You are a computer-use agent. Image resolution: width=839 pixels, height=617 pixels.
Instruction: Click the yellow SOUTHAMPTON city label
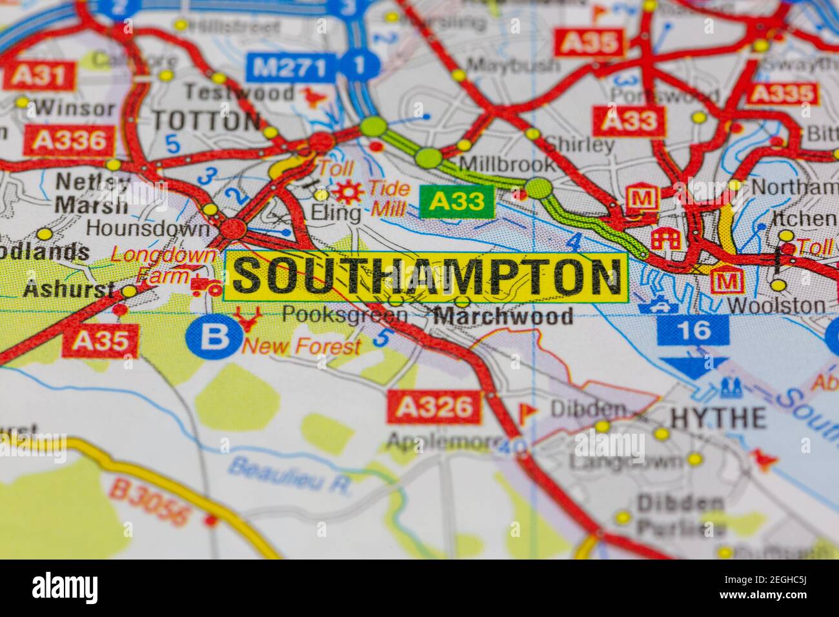click(426, 276)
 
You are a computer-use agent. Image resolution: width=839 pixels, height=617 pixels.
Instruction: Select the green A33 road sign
click(456, 201)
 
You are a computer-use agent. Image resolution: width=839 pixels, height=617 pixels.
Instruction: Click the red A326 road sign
click(435, 407)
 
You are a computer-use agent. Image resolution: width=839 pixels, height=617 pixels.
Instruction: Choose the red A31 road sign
click(39, 76)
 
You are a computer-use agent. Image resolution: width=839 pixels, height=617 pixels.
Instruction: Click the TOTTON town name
click(206, 121)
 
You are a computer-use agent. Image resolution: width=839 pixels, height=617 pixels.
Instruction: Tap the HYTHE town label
click(718, 418)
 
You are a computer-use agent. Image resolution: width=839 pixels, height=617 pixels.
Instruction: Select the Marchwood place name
click(503, 316)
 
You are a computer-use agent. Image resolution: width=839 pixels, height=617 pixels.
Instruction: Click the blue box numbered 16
click(692, 330)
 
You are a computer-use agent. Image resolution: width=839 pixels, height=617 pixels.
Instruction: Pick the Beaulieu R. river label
click(290, 476)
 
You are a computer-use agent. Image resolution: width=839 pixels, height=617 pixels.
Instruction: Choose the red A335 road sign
click(782, 94)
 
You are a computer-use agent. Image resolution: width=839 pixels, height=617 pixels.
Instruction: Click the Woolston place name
click(767, 305)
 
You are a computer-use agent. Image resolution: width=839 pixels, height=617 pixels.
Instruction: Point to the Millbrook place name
click(507, 163)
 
